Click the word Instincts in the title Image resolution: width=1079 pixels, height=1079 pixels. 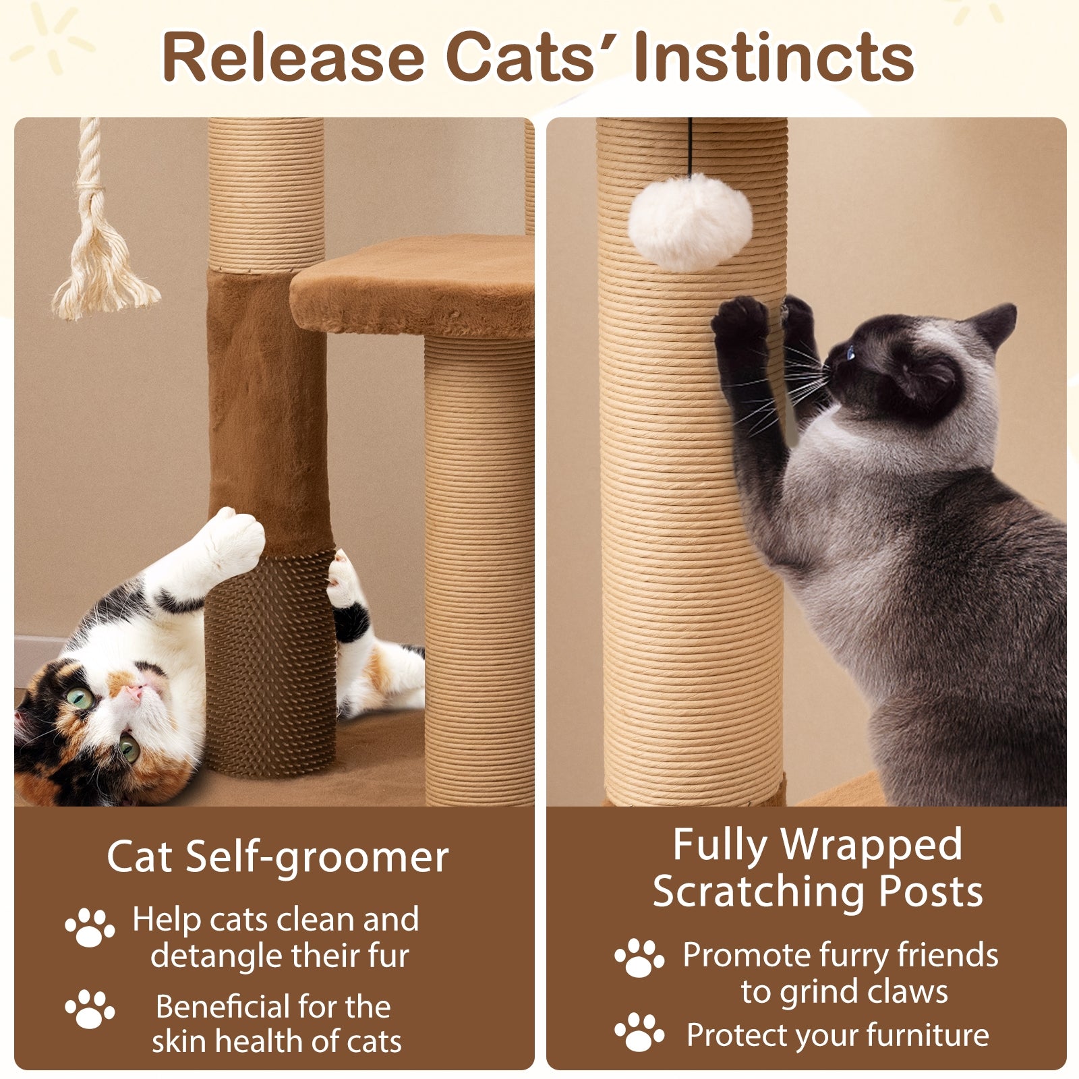coord(774,57)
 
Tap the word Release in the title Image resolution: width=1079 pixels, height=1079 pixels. coord(293,57)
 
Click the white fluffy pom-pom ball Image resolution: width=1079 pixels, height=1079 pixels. coord(689,221)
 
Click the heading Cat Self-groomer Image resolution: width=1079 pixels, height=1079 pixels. coord(277,857)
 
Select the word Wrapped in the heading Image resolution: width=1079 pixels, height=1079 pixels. coord(871,844)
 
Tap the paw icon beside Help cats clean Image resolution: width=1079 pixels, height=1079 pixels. coord(90,927)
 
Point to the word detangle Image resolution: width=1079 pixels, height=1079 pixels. coord(215,957)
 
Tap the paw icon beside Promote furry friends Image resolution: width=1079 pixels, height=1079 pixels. coord(638,958)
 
